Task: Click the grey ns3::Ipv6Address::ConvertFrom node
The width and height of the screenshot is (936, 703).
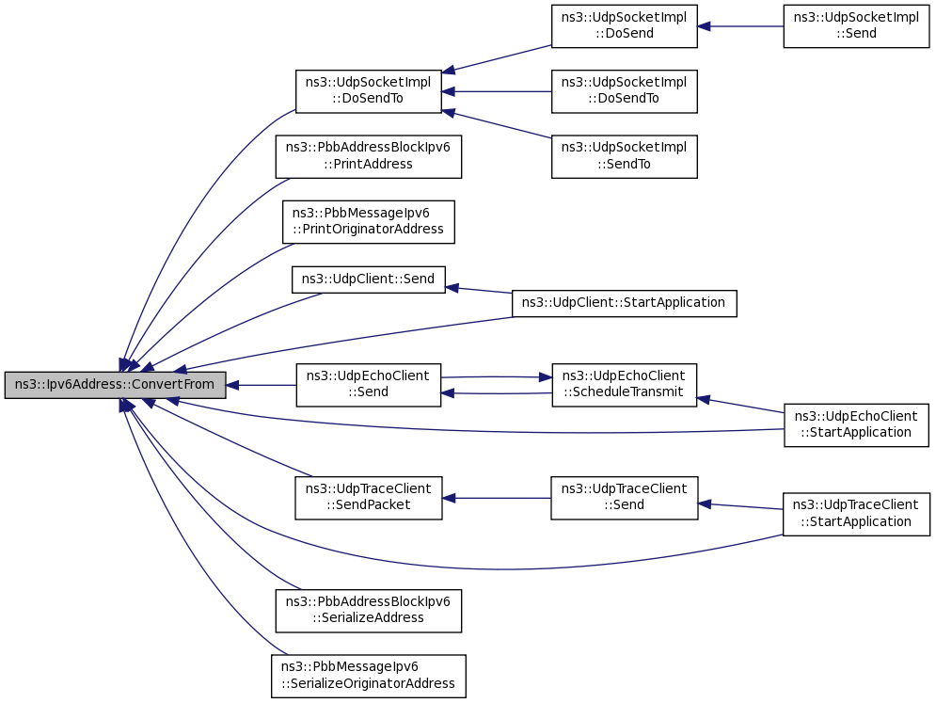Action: [x=115, y=385]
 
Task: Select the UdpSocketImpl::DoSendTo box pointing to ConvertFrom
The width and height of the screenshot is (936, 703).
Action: [x=368, y=90]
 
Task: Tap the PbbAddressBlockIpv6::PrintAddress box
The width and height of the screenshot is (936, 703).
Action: [x=368, y=156]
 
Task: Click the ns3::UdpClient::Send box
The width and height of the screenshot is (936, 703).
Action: [x=368, y=279]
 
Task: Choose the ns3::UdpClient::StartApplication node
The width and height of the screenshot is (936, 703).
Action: [x=624, y=303]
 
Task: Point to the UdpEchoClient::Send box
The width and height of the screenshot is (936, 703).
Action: [x=368, y=385]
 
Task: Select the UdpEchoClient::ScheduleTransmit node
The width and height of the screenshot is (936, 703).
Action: [x=624, y=385]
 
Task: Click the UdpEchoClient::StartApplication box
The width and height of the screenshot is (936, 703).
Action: [x=856, y=424]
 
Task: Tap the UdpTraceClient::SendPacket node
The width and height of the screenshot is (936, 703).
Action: [x=368, y=497]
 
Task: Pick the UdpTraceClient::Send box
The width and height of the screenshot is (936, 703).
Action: [x=624, y=497]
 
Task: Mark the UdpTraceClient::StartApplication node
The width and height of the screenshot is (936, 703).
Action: [x=856, y=514]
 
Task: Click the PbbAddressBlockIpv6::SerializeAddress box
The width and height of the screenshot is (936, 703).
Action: [x=368, y=610]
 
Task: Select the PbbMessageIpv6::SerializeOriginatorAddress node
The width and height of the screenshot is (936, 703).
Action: [x=368, y=676]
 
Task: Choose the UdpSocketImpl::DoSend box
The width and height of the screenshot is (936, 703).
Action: [x=624, y=25]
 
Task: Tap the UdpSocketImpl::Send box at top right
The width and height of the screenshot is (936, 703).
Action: [x=856, y=25]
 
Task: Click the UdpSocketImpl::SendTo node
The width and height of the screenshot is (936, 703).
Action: [x=624, y=156]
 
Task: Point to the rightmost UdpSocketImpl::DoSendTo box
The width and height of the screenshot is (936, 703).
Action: [x=624, y=90]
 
